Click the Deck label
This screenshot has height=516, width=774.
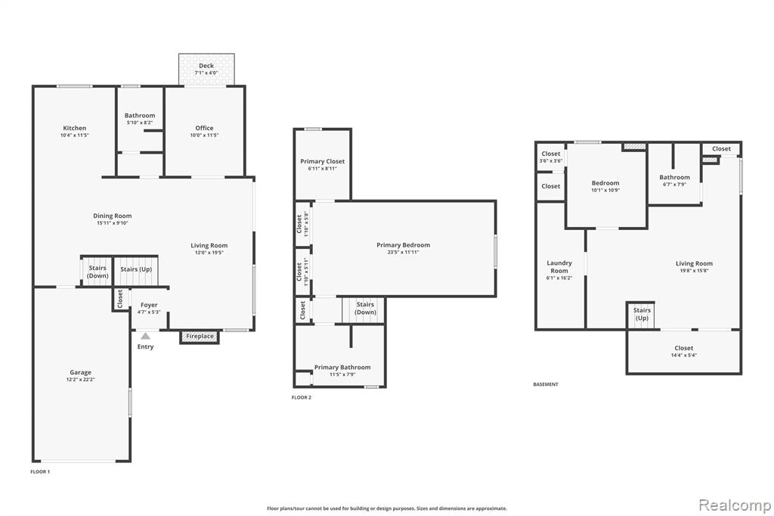206,65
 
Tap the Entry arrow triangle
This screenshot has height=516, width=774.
145,336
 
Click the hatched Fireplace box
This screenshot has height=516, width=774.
200,337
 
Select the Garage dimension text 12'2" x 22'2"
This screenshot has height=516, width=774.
80,380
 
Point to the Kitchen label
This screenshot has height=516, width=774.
75,128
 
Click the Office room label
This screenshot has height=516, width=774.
204,128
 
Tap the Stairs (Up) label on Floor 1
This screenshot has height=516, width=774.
136,269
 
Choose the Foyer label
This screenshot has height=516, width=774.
149,305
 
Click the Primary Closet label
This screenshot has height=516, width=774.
322,161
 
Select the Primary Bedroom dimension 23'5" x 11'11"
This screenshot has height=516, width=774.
404,252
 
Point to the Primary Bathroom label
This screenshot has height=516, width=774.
342,367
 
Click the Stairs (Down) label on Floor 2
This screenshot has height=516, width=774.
365,309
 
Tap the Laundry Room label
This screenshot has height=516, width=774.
559,267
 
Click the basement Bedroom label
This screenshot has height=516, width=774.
605,183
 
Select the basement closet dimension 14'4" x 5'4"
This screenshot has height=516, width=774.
683,356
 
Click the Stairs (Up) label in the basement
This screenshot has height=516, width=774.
642,314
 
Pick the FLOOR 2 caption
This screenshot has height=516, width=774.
302,397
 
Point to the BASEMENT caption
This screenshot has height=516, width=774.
546,384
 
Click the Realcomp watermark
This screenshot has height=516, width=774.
735,505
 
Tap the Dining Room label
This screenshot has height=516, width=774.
113,216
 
